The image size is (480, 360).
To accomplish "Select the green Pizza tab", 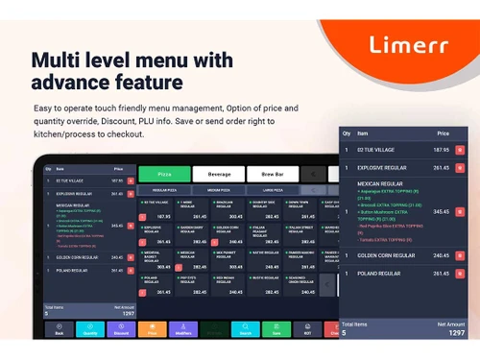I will [x=163, y=175].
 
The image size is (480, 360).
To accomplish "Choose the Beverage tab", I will [x=218, y=175].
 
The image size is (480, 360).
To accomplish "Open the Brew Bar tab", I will [x=273, y=175].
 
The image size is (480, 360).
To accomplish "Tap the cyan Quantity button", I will [x=90, y=329].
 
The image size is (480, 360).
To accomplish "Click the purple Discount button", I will [x=121, y=329].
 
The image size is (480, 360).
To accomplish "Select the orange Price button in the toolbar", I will [x=152, y=329].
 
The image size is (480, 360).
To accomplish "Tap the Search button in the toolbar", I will [x=246, y=329].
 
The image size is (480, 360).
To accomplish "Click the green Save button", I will [x=276, y=329].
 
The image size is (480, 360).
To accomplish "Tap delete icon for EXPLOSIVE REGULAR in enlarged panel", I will [x=459, y=168].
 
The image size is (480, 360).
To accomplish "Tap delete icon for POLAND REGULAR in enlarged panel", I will [x=459, y=274].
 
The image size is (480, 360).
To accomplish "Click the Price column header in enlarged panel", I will [x=443, y=133].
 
